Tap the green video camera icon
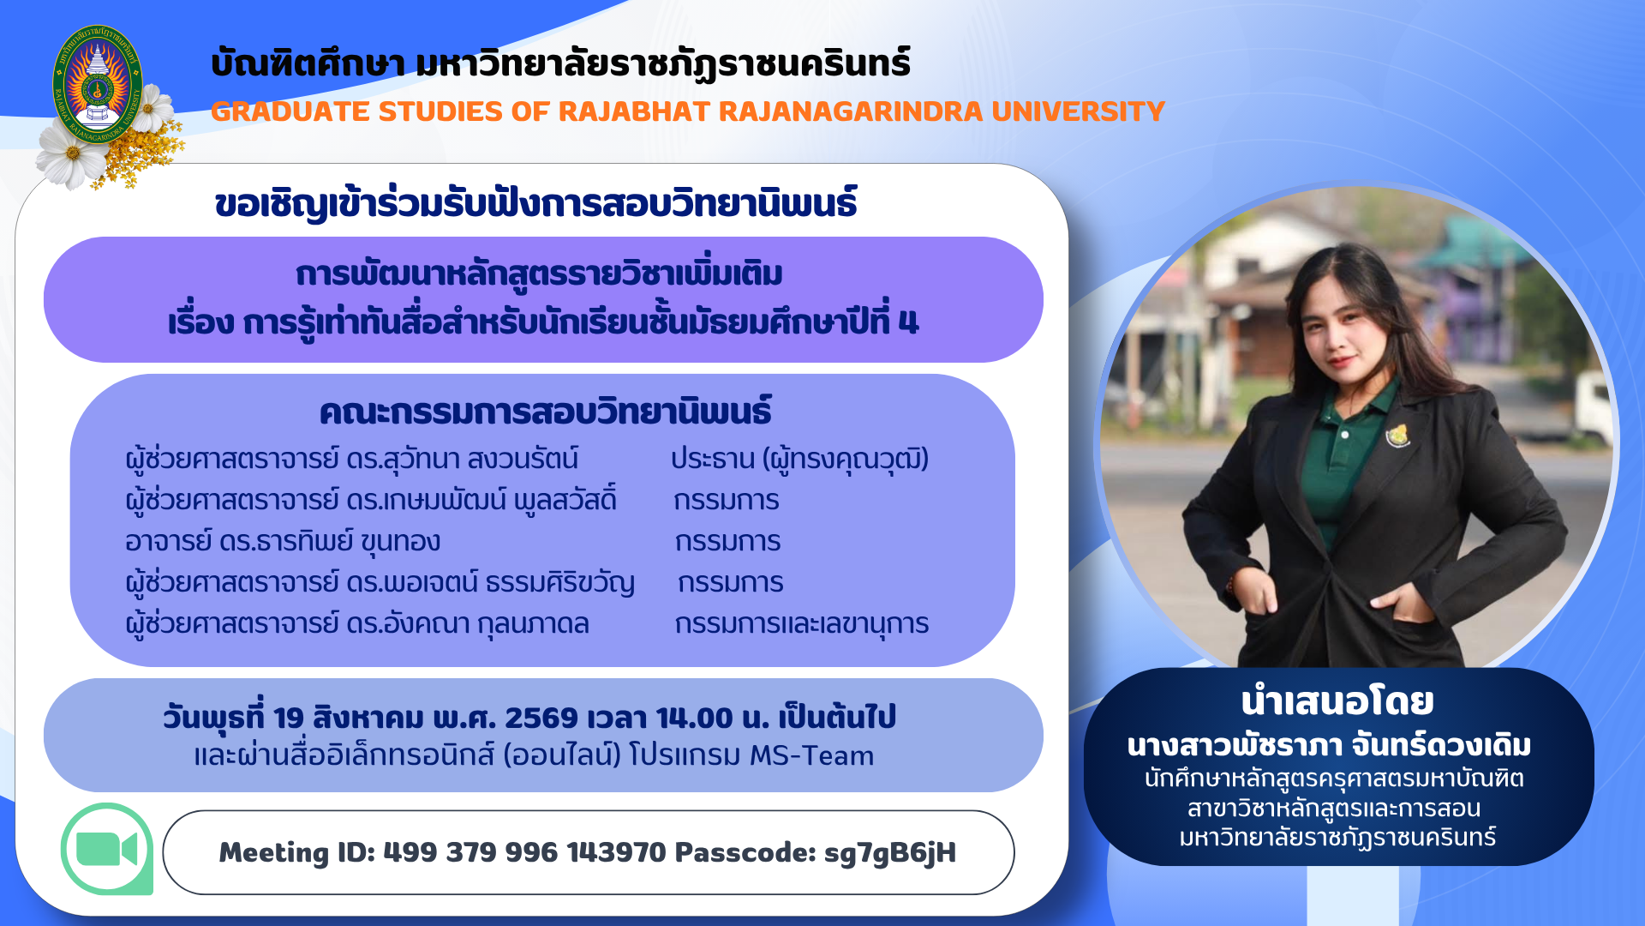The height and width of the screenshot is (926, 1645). point(107,850)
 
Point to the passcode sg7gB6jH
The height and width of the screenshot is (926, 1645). point(889,853)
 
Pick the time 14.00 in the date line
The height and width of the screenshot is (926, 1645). point(695,718)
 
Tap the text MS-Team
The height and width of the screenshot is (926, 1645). point(811,755)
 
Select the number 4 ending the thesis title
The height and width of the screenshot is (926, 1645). point(909,322)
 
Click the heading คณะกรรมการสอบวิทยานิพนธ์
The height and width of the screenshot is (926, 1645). point(545,412)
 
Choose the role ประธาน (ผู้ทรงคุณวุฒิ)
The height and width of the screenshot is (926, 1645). point(799,460)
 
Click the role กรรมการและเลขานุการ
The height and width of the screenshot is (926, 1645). point(801,624)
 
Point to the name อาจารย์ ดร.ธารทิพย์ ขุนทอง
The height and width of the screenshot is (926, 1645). point(283,542)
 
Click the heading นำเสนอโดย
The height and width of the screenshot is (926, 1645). point(1337,702)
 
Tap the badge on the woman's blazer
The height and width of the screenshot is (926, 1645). point(1397,436)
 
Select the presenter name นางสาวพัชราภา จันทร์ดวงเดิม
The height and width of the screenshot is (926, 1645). point(1329,746)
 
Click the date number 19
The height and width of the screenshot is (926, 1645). point(289,718)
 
